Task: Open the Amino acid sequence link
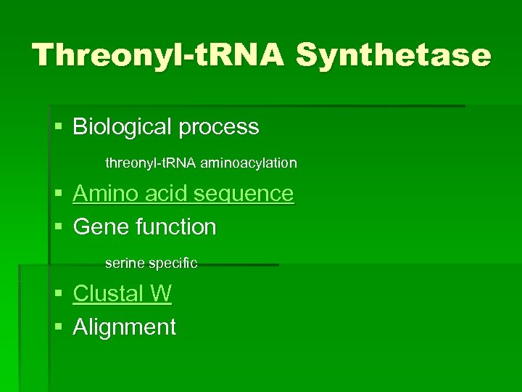click(183, 194)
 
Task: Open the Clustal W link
click(123, 293)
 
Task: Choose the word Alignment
click(125, 327)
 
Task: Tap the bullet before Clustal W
click(59, 294)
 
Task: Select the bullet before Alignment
click(59, 327)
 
